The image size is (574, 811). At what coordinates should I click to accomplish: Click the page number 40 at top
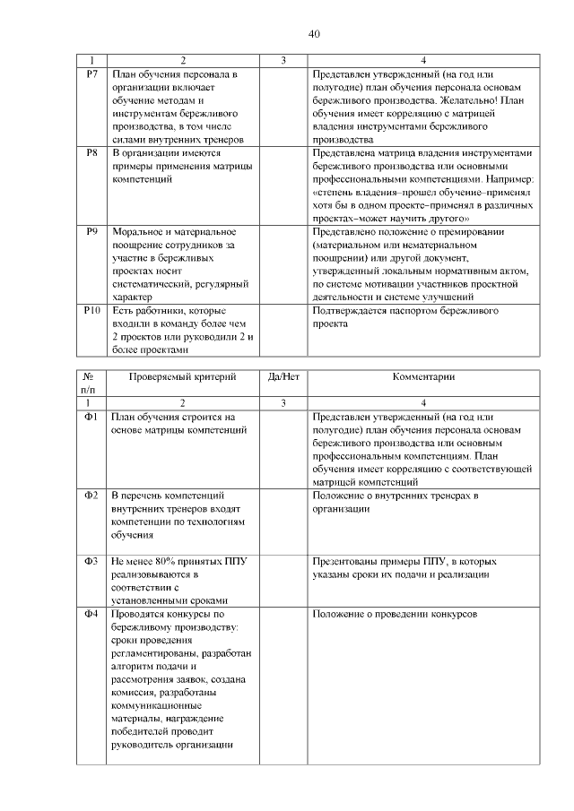coord(314,35)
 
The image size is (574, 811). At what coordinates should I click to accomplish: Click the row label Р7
coord(91,73)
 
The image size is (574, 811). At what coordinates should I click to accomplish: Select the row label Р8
coord(91,153)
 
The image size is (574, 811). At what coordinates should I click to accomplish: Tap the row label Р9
coord(91,232)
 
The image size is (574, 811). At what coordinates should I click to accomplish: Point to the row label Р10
coord(91,311)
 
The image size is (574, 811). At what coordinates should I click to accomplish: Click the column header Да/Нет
coord(283,377)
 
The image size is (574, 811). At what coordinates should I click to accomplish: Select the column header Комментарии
coord(422,377)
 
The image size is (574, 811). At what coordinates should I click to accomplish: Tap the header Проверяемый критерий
coord(182,377)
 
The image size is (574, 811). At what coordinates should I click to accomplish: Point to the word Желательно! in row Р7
coord(474,100)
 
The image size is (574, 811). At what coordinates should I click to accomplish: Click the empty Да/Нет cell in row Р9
coord(283,263)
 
